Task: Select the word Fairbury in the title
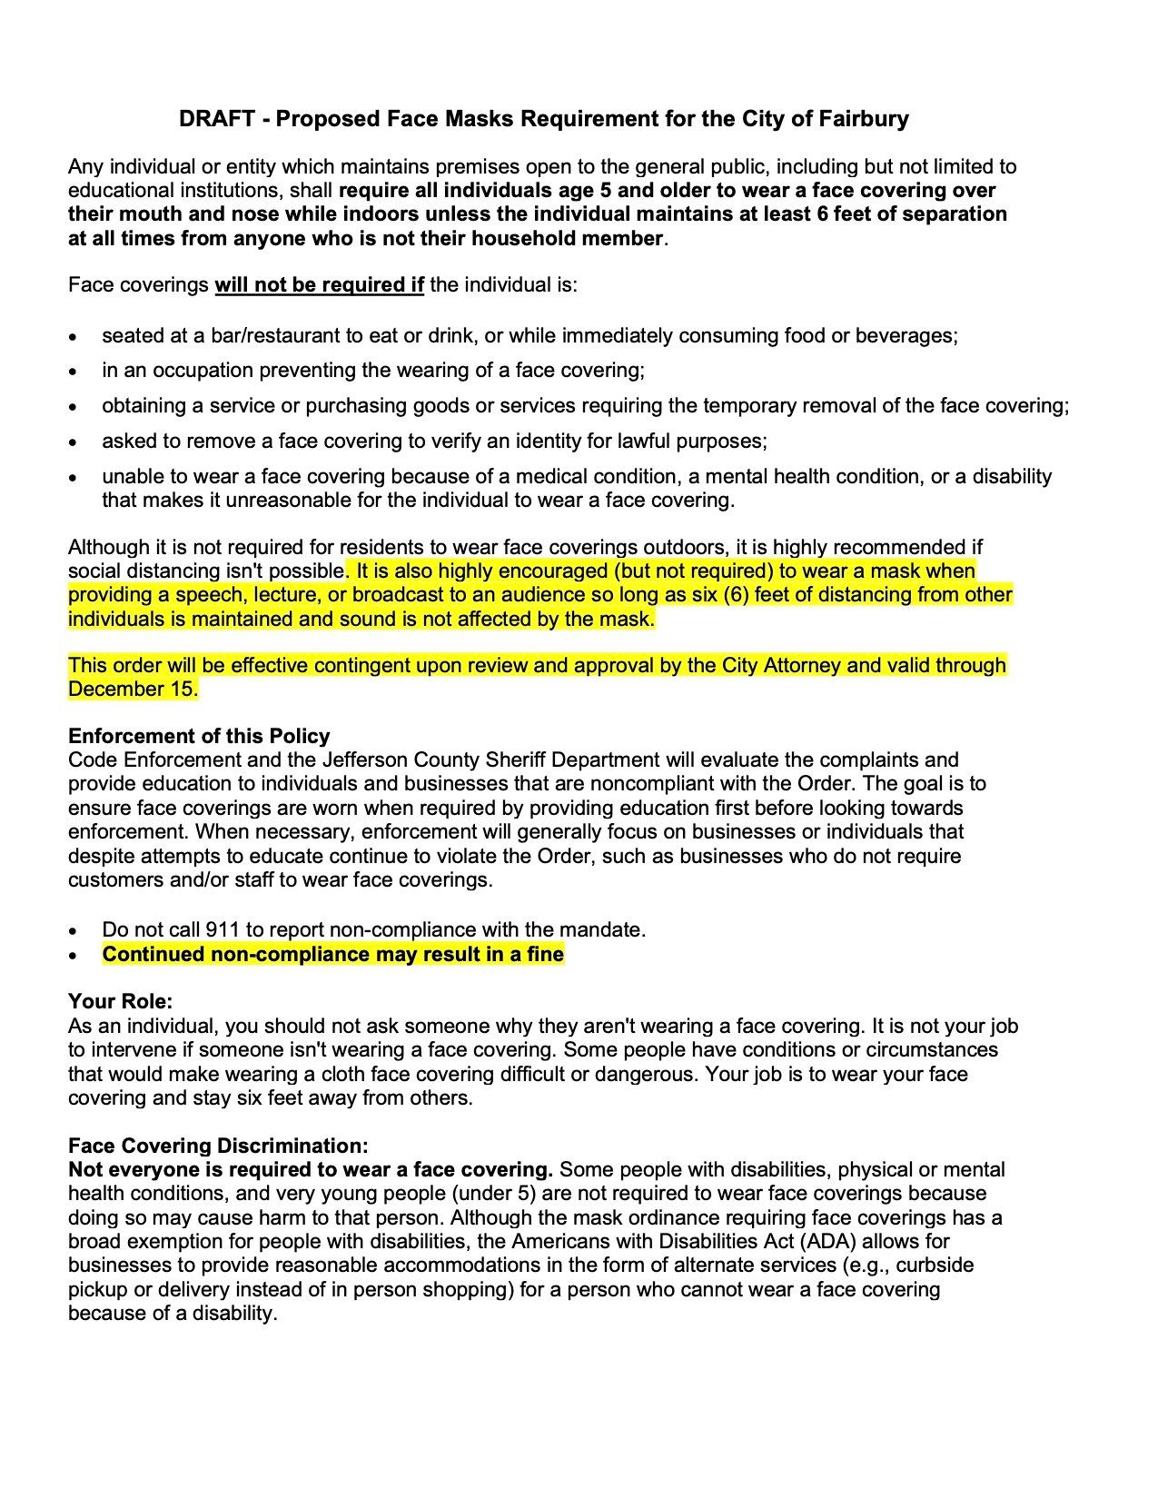(864, 119)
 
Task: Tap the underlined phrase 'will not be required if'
(320, 285)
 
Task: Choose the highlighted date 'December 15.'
(133, 690)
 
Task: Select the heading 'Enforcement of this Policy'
(199, 737)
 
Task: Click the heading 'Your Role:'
(120, 1002)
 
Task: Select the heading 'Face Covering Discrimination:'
(218, 1147)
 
